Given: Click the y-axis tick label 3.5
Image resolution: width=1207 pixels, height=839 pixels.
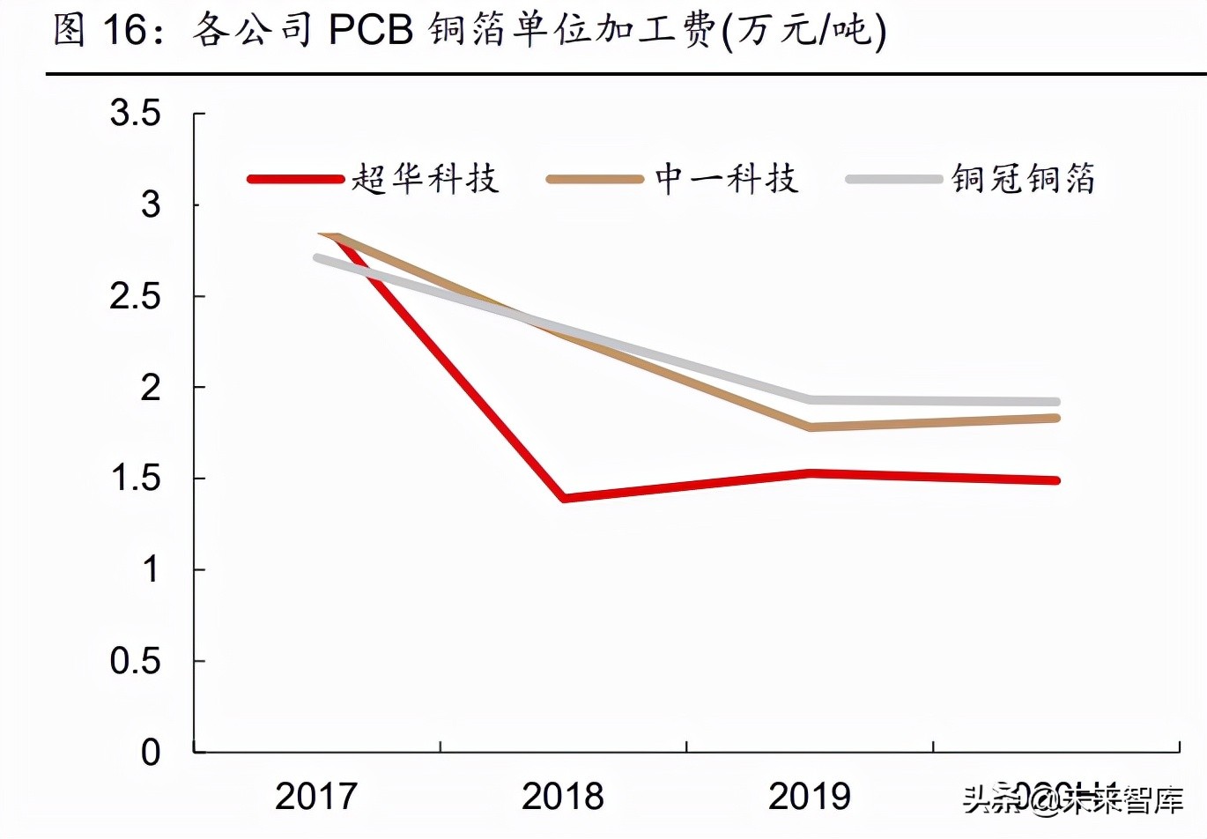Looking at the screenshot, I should pos(135,113).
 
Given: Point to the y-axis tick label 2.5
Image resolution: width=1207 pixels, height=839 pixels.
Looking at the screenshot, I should pos(135,296).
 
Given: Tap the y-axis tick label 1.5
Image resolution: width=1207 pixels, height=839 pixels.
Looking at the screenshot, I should pos(135,479).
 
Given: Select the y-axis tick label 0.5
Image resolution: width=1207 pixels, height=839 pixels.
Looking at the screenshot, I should pos(135,661).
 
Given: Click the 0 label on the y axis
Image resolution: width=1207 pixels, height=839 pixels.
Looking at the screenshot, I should pos(151,753).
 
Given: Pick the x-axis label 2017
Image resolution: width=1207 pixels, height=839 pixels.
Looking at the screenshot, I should pos(316,797).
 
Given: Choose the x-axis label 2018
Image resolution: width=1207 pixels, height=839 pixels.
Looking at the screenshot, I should pos(563,797).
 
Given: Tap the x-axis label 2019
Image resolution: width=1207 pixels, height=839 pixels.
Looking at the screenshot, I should pos(810,797).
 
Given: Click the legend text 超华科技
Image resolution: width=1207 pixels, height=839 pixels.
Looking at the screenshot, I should pos(426,179).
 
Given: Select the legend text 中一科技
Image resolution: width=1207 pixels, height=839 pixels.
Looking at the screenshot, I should pos(727,179).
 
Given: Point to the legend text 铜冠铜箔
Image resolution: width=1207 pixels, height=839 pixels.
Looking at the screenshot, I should pos(1023,179).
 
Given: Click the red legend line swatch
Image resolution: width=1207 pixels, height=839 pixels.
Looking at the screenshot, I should pos(295,179).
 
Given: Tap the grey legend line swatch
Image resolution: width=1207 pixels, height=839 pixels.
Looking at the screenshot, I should pos(893,179).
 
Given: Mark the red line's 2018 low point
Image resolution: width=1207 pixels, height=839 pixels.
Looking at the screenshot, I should pos(564,498).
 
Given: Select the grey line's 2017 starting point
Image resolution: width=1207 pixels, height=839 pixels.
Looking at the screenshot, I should pos(317,257).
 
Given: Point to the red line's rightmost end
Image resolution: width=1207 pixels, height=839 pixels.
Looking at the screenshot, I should pos(1055,480).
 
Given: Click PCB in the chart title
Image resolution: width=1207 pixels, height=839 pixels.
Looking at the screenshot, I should pos(371,31).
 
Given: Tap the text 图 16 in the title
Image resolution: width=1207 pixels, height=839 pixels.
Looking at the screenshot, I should pos(99,31).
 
